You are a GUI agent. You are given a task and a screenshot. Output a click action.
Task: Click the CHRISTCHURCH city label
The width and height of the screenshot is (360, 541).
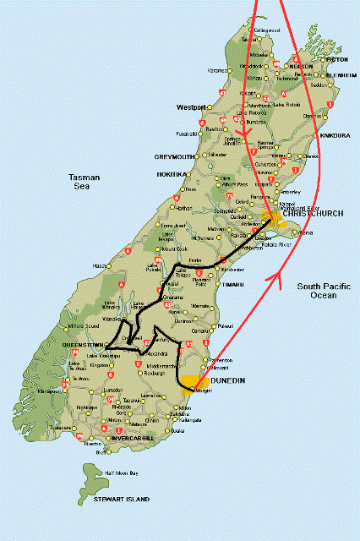314,214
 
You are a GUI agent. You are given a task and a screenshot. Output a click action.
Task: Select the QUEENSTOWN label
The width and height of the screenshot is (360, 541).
83,346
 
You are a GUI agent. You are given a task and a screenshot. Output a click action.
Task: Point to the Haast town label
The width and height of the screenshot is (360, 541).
100,265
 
